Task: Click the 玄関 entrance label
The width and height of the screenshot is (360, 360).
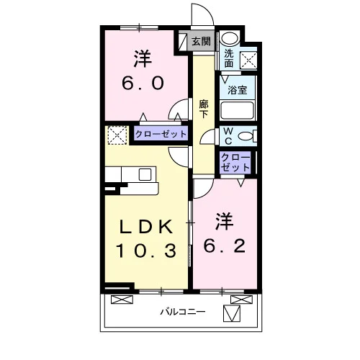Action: tap(201, 41)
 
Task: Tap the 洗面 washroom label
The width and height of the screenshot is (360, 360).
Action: tap(229, 58)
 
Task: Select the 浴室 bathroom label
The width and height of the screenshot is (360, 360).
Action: tap(237, 90)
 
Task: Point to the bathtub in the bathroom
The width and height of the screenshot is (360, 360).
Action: tap(237, 110)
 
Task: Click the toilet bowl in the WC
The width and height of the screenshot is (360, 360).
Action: tap(246, 136)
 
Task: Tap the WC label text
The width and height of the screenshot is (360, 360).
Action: tap(228, 136)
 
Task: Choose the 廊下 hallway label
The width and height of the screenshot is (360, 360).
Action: tap(204, 109)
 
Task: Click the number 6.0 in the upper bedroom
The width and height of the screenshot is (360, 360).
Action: tap(143, 83)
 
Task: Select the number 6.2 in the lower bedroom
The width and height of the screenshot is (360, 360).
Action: tap(225, 246)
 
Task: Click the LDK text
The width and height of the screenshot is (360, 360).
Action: tap(146, 227)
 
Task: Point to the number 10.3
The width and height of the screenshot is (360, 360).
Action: tap(146, 251)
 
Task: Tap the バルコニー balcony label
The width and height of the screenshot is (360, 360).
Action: tap(183, 312)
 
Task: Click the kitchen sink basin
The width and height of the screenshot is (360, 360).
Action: tap(145, 174)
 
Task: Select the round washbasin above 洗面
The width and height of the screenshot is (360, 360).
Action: tap(230, 38)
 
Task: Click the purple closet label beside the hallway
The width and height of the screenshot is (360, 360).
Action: tap(235, 163)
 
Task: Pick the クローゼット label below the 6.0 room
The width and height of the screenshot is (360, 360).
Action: tap(161, 134)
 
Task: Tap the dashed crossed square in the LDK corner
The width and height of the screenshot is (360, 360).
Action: tap(117, 135)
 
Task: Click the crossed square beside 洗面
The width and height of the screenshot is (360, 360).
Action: tap(248, 60)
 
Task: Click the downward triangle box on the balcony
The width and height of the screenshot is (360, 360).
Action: tap(232, 313)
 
